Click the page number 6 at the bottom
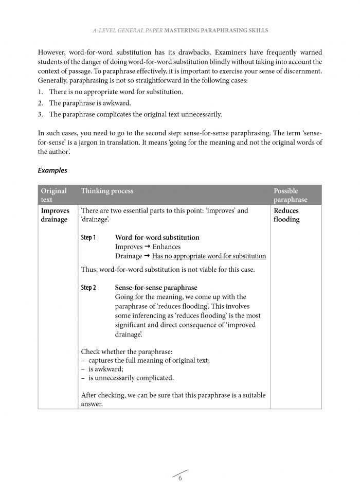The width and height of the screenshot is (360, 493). tap(180, 479)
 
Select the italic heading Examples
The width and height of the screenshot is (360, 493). tap(52, 170)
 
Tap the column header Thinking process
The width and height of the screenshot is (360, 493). tap(107, 191)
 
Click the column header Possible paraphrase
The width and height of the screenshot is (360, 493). tap(290, 195)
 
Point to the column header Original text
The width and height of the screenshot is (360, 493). tap(53, 195)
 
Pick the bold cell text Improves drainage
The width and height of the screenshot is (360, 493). tap(55, 215)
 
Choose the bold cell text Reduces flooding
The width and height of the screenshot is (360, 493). tap(286, 215)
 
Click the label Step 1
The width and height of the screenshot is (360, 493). tap(88, 238)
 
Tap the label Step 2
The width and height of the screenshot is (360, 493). tap(88, 288)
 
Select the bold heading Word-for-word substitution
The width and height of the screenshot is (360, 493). tap(157, 238)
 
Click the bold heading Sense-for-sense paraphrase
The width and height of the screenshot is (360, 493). tap(156, 288)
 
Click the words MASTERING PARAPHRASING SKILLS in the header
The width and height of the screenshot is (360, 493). tap(217, 31)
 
